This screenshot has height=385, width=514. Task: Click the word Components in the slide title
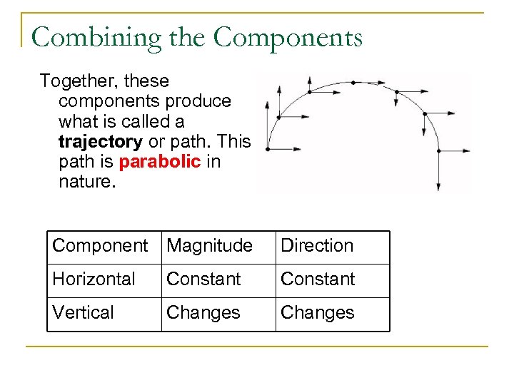pyautogui.click(x=288, y=38)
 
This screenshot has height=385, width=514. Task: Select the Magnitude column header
pyautogui.click(x=209, y=246)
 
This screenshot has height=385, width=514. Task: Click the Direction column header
pyautogui.click(x=317, y=246)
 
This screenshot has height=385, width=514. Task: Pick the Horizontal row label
pyautogui.click(x=94, y=279)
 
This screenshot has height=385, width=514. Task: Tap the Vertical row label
pyautogui.click(x=83, y=313)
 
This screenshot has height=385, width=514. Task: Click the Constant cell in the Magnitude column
pyautogui.click(x=203, y=279)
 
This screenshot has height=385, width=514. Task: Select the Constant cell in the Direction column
pyautogui.click(x=318, y=279)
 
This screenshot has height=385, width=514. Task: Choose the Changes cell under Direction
pyautogui.click(x=317, y=313)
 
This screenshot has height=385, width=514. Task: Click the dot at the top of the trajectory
pyautogui.click(x=353, y=83)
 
